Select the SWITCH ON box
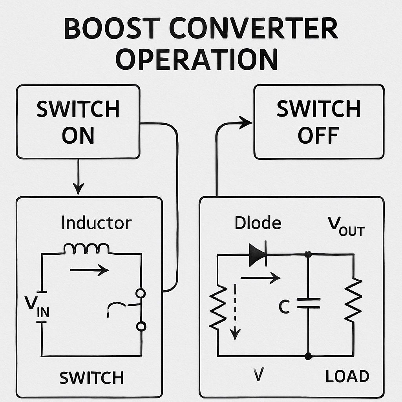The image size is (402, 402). click(x=78, y=122)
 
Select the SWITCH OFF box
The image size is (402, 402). click(x=318, y=122)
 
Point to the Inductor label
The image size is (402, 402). click(x=96, y=223)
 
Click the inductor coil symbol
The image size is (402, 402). click(x=86, y=249)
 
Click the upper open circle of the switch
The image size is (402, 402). click(x=141, y=293)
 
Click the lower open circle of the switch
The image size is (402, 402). click(x=141, y=326)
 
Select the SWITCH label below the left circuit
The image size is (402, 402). click(x=91, y=378)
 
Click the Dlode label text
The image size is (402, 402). click(x=258, y=223)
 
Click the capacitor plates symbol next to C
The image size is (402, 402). click(x=308, y=303)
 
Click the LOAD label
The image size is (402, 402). click(x=347, y=376)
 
